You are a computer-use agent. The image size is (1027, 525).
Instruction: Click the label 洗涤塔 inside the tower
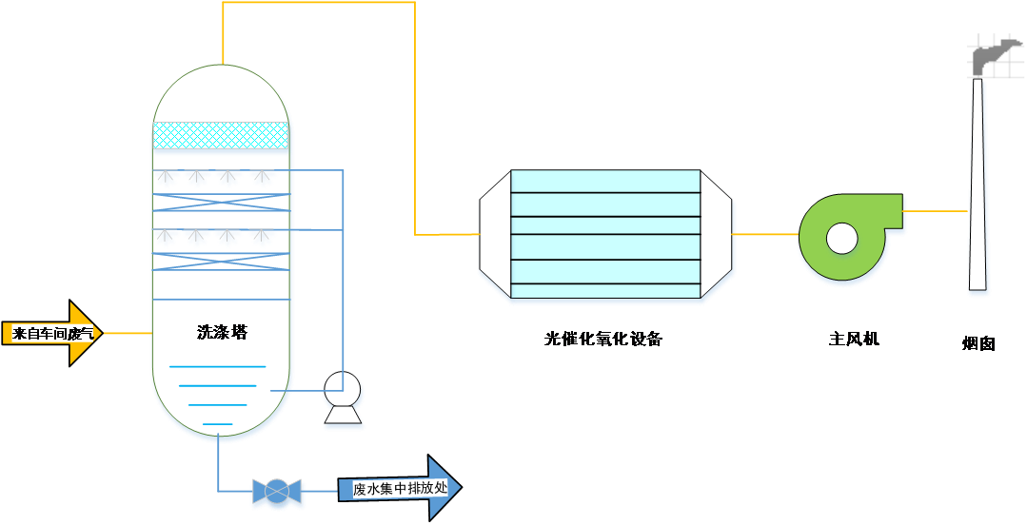coord(222,333)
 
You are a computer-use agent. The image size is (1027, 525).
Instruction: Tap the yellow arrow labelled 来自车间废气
coord(53,333)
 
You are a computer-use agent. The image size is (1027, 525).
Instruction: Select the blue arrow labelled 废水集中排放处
coord(400,489)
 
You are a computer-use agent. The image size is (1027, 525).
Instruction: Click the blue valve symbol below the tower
coord(277,491)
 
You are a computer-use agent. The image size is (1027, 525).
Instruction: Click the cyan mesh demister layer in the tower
coord(221,135)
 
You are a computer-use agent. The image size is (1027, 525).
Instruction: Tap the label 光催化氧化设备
coord(603,339)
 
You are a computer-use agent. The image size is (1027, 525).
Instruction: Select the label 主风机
coord(854,339)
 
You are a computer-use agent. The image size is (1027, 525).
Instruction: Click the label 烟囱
coord(978,343)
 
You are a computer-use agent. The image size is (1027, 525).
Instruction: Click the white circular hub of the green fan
coord(841,238)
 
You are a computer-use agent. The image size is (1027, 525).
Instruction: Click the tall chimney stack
coord(978,190)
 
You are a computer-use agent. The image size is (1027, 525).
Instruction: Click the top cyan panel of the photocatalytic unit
coord(605,181)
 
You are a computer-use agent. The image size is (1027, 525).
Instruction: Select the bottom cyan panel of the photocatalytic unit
coord(605,290)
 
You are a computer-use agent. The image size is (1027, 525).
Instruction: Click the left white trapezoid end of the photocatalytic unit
coord(495,234)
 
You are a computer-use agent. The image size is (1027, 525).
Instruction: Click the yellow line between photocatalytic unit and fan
coord(764,234)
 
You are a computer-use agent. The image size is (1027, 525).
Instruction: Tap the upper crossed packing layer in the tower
coord(221,202)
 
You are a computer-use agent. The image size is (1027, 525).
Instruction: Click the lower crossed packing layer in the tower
coord(221,262)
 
